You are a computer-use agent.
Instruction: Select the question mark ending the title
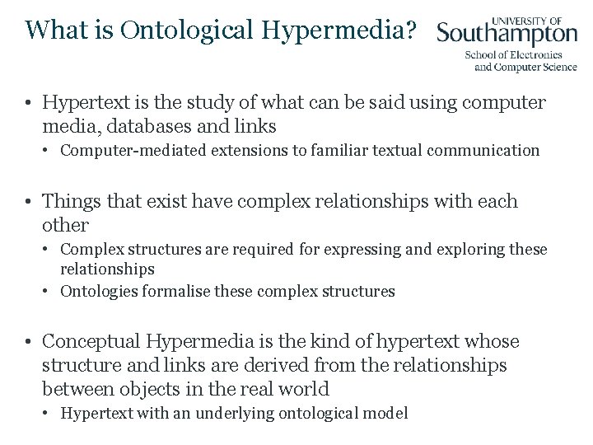point(412,30)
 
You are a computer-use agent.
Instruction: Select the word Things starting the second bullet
point(69,201)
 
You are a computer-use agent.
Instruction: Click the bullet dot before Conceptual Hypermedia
point(28,342)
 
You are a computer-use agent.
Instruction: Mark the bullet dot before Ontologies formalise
point(49,292)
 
